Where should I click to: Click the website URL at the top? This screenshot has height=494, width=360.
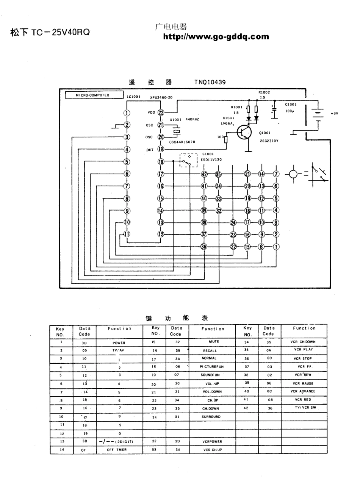[x=216, y=37]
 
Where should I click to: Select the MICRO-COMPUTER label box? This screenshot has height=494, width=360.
[x=92, y=95]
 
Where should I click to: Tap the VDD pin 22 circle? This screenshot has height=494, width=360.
[x=161, y=113]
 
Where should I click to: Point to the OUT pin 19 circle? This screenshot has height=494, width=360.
[x=161, y=149]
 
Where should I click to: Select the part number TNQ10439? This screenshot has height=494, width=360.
[x=210, y=82]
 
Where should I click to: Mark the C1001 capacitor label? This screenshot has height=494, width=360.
[x=291, y=104]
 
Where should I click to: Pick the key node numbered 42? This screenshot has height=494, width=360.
[x=204, y=174]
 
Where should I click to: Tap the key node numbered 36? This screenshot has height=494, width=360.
[x=204, y=247]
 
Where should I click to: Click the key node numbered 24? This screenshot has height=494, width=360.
[x=233, y=223]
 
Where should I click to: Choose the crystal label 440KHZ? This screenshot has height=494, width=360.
[x=193, y=119]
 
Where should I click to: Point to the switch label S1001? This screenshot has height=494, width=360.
[x=208, y=154]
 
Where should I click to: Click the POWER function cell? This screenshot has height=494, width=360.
[x=119, y=343]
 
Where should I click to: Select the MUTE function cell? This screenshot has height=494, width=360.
[x=214, y=342]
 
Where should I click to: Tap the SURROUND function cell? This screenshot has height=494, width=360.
[x=211, y=417]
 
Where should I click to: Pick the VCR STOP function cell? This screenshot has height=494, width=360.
[x=303, y=358]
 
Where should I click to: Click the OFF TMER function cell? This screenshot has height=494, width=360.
[x=117, y=450]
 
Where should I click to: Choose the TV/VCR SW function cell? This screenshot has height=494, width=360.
[x=305, y=408]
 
